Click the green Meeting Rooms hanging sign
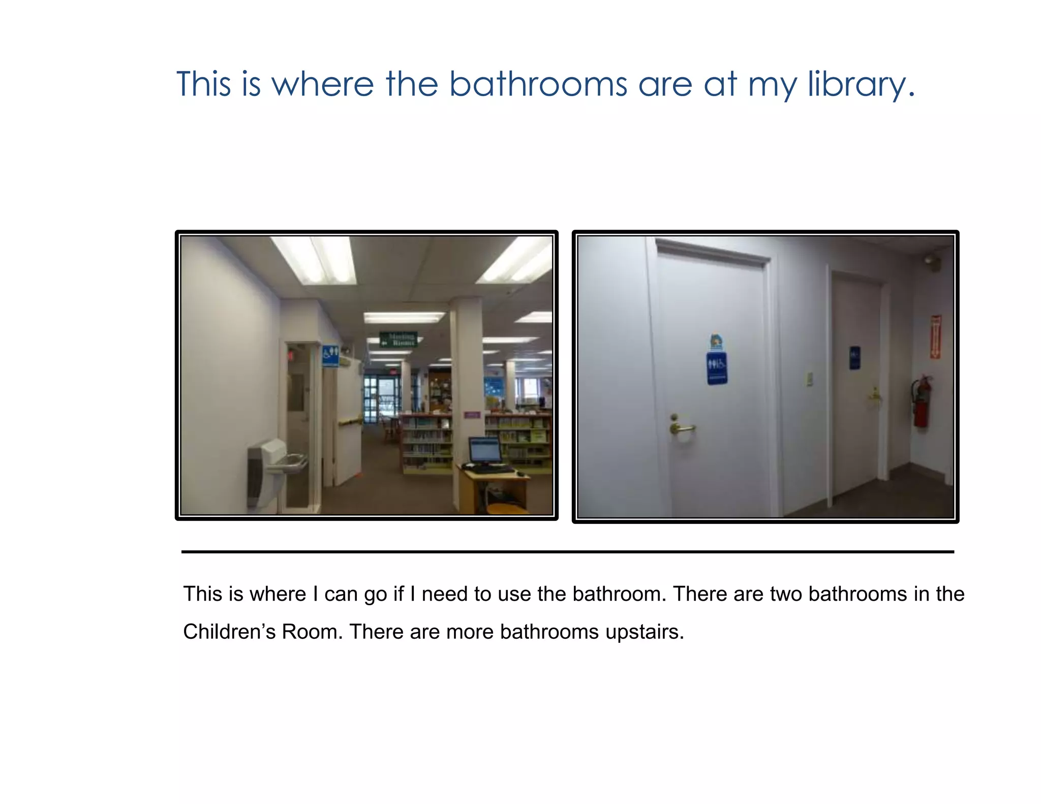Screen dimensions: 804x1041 [x=399, y=339]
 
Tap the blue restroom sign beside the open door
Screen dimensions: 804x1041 [x=330, y=355]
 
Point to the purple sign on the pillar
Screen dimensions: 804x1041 [x=472, y=415]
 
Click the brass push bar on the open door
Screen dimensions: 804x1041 [x=350, y=421]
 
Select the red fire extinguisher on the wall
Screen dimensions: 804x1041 [x=922, y=401]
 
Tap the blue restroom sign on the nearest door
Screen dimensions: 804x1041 [x=716, y=367]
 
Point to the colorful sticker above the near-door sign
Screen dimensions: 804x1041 [x=716, y=341]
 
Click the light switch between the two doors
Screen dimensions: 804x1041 [x=809, y=379]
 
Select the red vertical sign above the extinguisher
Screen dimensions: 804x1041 [x=935, y=336]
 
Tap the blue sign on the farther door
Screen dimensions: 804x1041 [x=854, y=358]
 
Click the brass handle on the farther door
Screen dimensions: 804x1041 [x=874, y=394]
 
